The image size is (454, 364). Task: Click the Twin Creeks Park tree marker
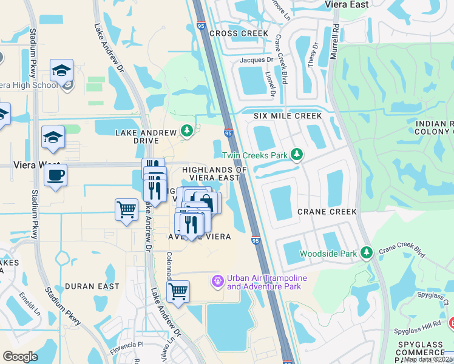point(296,155)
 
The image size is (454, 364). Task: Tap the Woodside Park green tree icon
point(365,252)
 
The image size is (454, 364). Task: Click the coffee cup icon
point(55,175)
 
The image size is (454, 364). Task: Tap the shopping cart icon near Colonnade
point(178,292)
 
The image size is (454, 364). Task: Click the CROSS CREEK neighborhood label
point(239,33)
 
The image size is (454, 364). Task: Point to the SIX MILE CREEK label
point(287,115)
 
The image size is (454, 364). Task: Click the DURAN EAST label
point(87,286)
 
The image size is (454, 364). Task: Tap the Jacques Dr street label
point(256,60)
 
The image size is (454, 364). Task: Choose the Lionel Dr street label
point(270,84)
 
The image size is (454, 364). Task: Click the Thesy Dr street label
point(313,55)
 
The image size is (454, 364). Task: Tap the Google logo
point(20,357)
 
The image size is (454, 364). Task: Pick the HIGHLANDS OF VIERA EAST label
point(215,174)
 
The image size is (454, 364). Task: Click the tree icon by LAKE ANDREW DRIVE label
point(188,130)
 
